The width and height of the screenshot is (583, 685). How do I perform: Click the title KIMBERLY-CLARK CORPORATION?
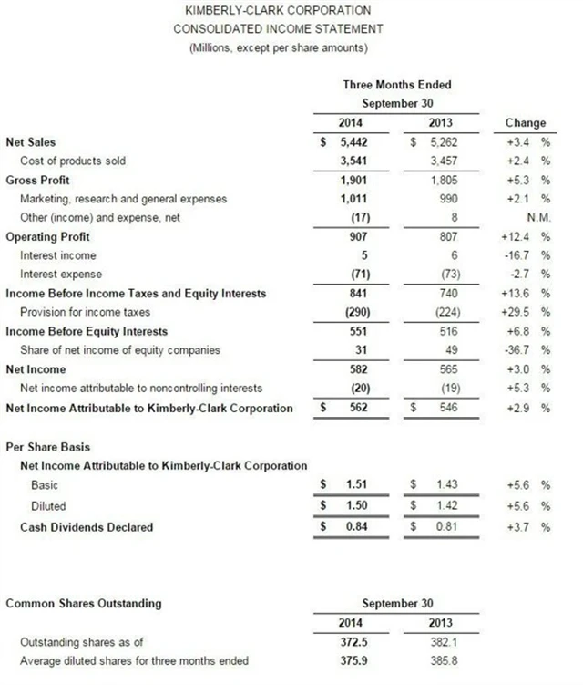(277, 10)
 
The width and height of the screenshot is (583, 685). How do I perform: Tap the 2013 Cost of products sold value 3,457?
(440, 161)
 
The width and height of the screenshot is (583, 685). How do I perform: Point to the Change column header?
(525, 122)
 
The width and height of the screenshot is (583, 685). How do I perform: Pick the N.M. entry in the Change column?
(537, 217)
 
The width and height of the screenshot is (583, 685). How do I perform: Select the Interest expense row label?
(60, 275)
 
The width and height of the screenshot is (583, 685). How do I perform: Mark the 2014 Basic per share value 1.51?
(356, 485)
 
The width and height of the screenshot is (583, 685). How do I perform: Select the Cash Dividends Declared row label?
(87, 526)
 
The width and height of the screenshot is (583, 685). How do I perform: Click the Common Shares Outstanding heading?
(84, 603)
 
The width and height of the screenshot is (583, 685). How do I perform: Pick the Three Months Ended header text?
(396, 85)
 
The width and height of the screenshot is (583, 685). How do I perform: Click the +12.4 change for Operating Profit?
(522, 236)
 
